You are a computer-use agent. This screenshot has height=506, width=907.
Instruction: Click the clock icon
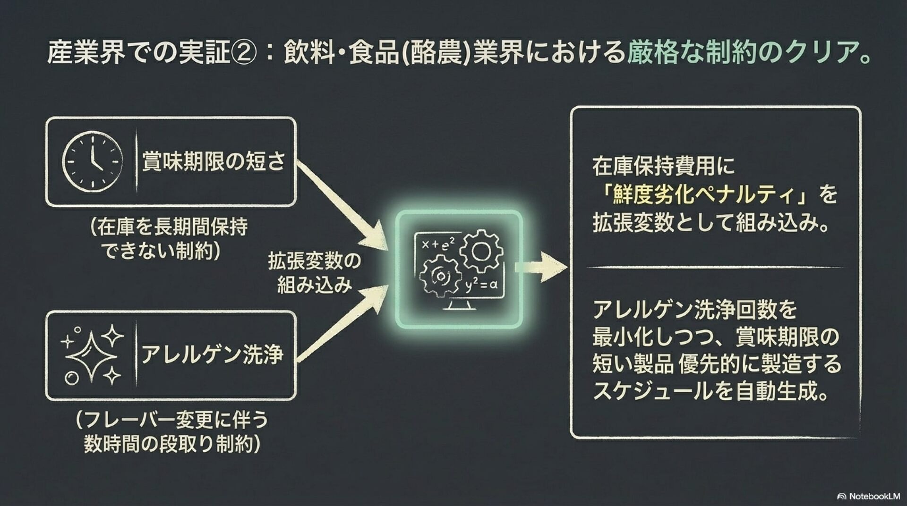(92, 161)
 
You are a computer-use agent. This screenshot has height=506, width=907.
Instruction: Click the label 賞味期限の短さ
(214, 161)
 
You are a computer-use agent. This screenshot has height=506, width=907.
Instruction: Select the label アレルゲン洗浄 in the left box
(212, 354)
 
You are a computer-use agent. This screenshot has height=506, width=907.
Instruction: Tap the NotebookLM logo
(868, 496)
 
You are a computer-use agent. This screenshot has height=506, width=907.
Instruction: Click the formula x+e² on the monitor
(437, 244)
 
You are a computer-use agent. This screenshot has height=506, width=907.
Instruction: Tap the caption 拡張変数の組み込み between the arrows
(314, 273)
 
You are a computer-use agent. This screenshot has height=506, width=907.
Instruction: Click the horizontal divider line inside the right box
(715, 268)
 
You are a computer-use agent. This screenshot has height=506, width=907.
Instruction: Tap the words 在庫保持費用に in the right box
(664, 166)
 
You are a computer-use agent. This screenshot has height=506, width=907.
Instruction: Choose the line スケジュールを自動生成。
(710, 391)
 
